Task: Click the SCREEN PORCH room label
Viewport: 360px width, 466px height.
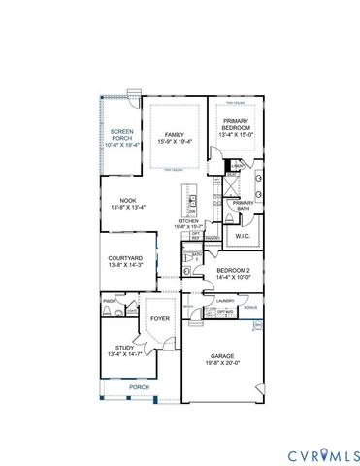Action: pos(121,134)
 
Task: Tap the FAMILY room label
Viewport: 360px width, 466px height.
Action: pos(174,134)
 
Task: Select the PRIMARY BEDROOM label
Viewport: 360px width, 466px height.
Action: pos(236,124)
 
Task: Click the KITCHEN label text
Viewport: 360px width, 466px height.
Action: pos(189,220)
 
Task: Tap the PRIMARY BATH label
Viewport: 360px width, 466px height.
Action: pos(243,205)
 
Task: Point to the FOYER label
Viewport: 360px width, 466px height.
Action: pos(158,315)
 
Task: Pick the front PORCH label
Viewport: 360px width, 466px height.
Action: pos(140,386)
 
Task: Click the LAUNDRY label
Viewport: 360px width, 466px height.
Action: pos(225,301)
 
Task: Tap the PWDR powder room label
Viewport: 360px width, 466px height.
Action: pos(109,302)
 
